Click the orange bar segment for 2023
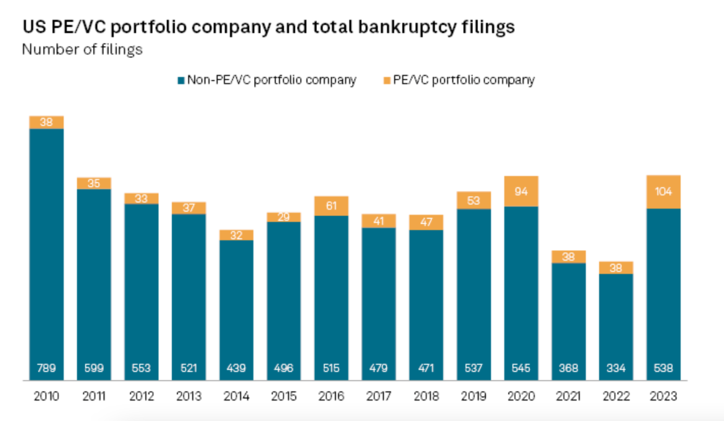pyautogui.click(x=663, y=192)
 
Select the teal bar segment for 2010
pyautogui.click(x=46, y=252)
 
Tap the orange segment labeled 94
pyautogui.click(x=521, y=191)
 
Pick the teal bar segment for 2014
pyautogui.click(x=236, y=307)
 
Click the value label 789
pyautogui.click(x=46, y=368)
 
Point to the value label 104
pyautogui.click(x=663, y=192)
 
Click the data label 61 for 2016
pyautogui.click(x=331, y=205)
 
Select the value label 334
pyautogui.click(x=616, y=368)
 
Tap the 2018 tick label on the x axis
pyautogui.click(x=426, y=396)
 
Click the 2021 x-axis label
pyautogui.click(x=569, y=396)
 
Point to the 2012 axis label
pyautogui.click(x=141, y=396)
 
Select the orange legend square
pyautogui.click(x=387, y=80)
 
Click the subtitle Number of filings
pyautogui.click(x=83, y=50)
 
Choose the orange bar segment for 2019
pyautogui.click(x=473, y=200)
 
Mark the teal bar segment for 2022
pyautogui.click(x=616, y=322)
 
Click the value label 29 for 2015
pyautogui.click(x=284, y=217)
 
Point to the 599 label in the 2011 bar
pyautogui.click(x=94, y=368)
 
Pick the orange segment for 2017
pyautogui.click(x=378, y=221)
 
